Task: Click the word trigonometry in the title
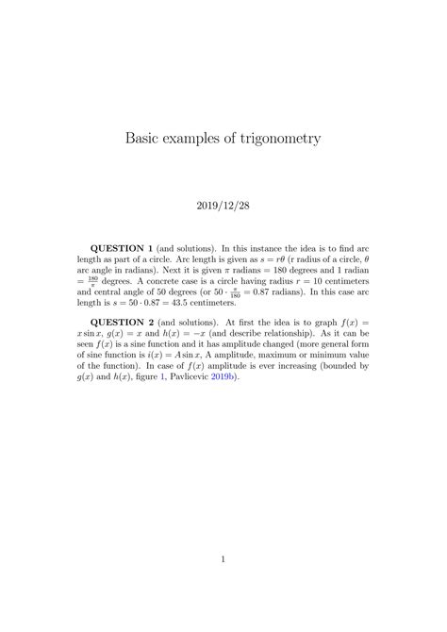(278, 139)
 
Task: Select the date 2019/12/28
(223, 203)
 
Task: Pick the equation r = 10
(310, 281)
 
